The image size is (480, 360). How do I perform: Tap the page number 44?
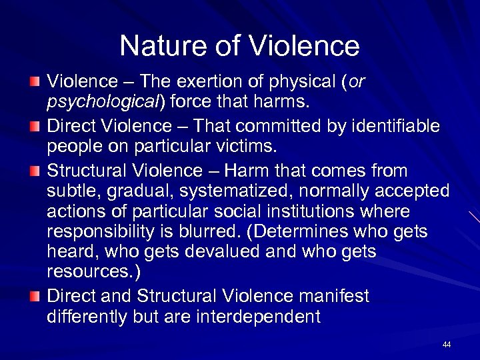[447, 345]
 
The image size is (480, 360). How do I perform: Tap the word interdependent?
[255, 317]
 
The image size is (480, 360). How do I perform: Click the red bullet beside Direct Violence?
[34, 125]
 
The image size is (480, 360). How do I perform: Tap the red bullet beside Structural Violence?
[34, 169]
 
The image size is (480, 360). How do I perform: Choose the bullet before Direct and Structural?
[34, 295]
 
